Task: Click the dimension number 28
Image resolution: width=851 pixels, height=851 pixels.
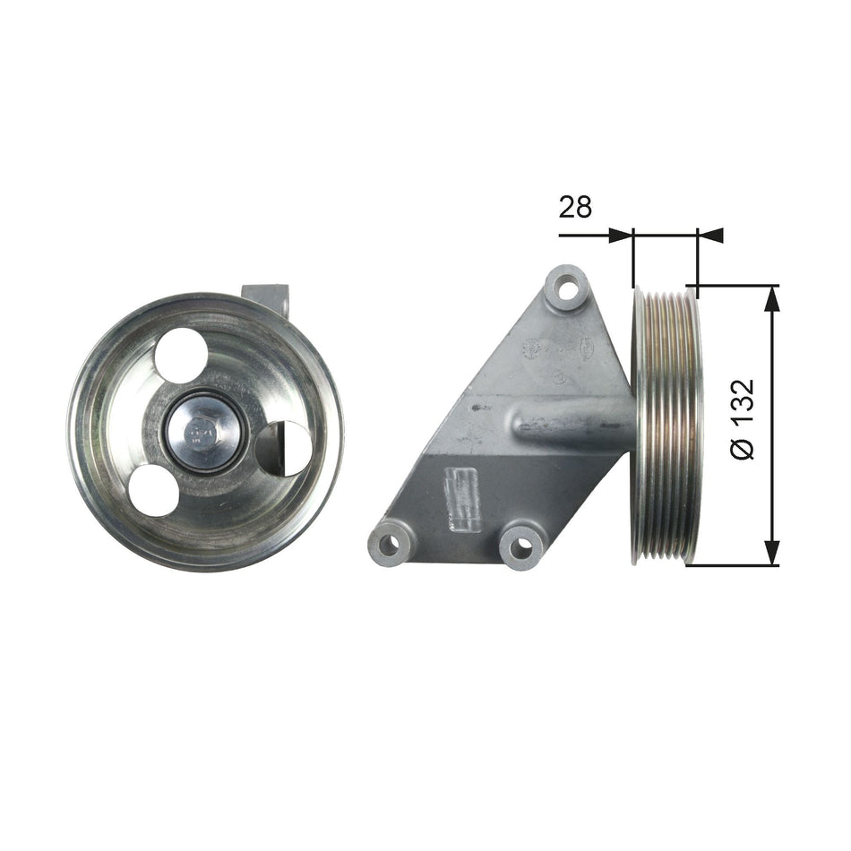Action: click(575, 208)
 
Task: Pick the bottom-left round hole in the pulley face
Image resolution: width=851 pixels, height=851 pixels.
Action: click(153, 491)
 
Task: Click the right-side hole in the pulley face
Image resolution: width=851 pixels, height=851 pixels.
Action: click(284, 448)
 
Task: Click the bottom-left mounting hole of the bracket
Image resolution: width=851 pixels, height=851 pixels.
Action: click(388, 543)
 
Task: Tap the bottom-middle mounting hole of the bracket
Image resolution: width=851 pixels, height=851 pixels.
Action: click(521, 544)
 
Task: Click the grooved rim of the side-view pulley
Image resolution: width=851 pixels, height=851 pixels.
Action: click(666, 425)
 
